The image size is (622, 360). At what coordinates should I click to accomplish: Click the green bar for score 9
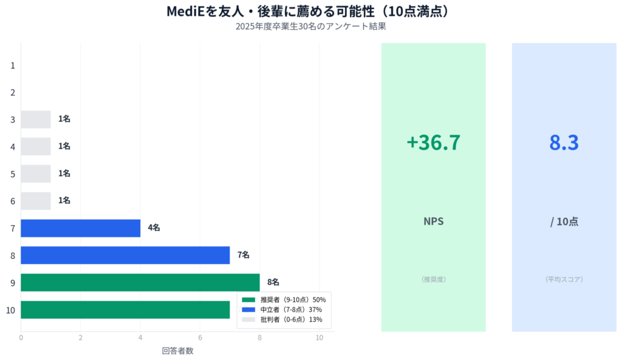point(140,282)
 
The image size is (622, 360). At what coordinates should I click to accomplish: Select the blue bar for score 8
point(125,255)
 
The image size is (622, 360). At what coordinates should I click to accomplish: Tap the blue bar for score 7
point(80,228)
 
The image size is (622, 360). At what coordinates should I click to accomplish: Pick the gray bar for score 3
point(36,120)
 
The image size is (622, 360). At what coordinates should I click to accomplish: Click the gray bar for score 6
point(36,201)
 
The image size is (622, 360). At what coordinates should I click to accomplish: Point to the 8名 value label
point(273,282)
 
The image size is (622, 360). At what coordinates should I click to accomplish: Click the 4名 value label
point(154,228)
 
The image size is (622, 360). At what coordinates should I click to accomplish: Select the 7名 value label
point(243,255)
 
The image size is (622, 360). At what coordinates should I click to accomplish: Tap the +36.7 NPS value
point(433,142)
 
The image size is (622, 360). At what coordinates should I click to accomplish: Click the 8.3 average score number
point(564,142)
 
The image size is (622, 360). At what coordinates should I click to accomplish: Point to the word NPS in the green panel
point(433,222)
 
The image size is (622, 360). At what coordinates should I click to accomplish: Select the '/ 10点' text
point(564,222)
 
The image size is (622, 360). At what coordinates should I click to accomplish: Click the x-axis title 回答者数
point(177,350)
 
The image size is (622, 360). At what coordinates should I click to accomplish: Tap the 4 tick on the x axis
point(140,338)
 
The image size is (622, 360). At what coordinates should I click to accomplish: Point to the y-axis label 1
point(12,65)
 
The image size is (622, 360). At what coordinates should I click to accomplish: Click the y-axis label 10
point(10,310)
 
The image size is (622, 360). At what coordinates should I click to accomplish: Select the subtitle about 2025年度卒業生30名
point(311,27)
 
